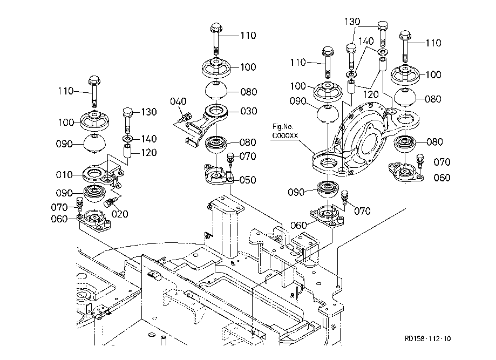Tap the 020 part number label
click(120, 214)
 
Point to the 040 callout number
click(178, 101)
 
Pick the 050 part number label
click(248, 180)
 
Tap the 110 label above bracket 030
click(248, 36)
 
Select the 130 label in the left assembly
click(149, 112)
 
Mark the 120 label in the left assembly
click(149, 153)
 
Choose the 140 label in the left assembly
click(149, 139)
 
